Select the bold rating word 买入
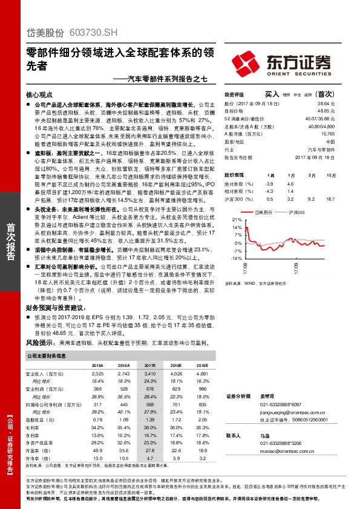272,95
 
